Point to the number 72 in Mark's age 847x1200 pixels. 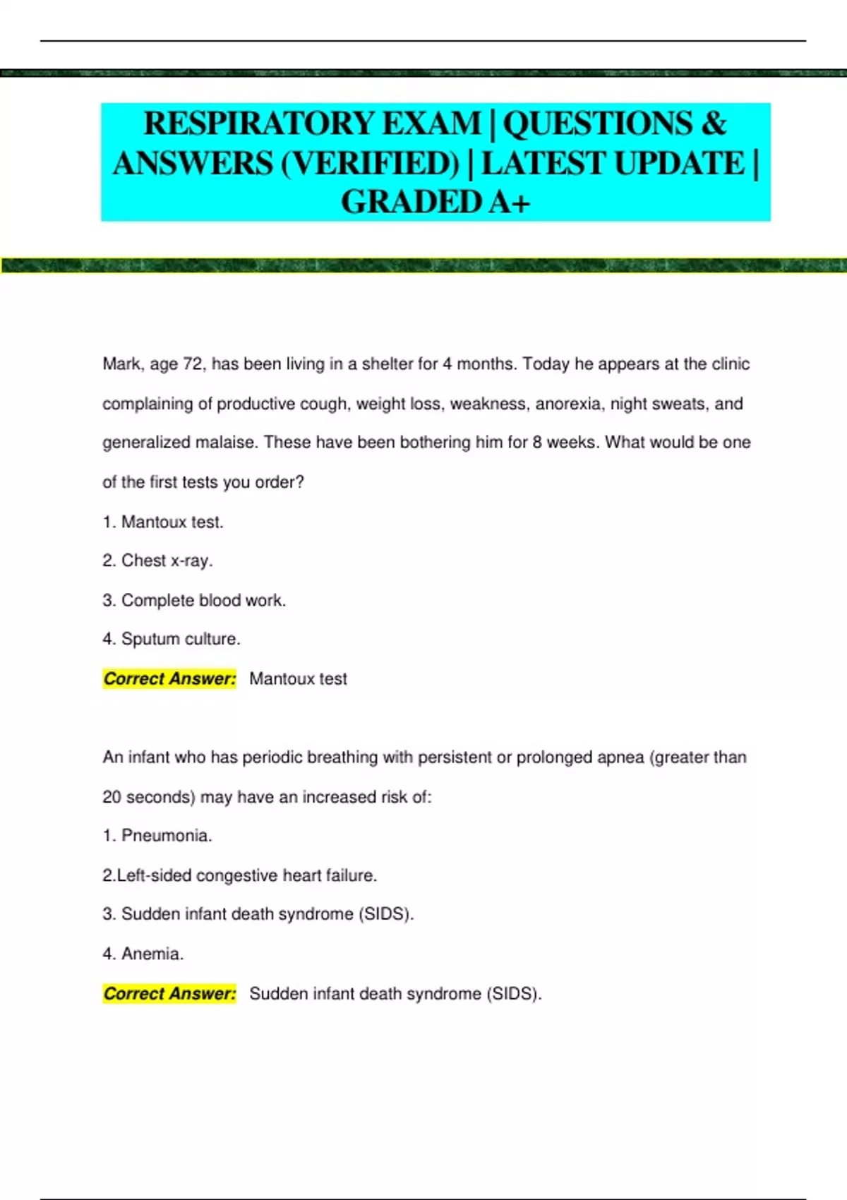[x=193, y=364]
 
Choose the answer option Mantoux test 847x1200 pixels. [x=172, y=522]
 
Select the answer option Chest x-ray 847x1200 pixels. [x=167, y=561]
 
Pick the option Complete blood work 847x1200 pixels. [x=203, y=601]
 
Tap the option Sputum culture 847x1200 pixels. [x=180, y=640]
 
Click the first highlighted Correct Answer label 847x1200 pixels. [x=169, y=679]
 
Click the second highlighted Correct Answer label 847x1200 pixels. [x=169, y=994]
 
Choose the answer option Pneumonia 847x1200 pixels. [x=166, y=836]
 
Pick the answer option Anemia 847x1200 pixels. [x=152, y=954]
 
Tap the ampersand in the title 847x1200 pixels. [x=714, y=124]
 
